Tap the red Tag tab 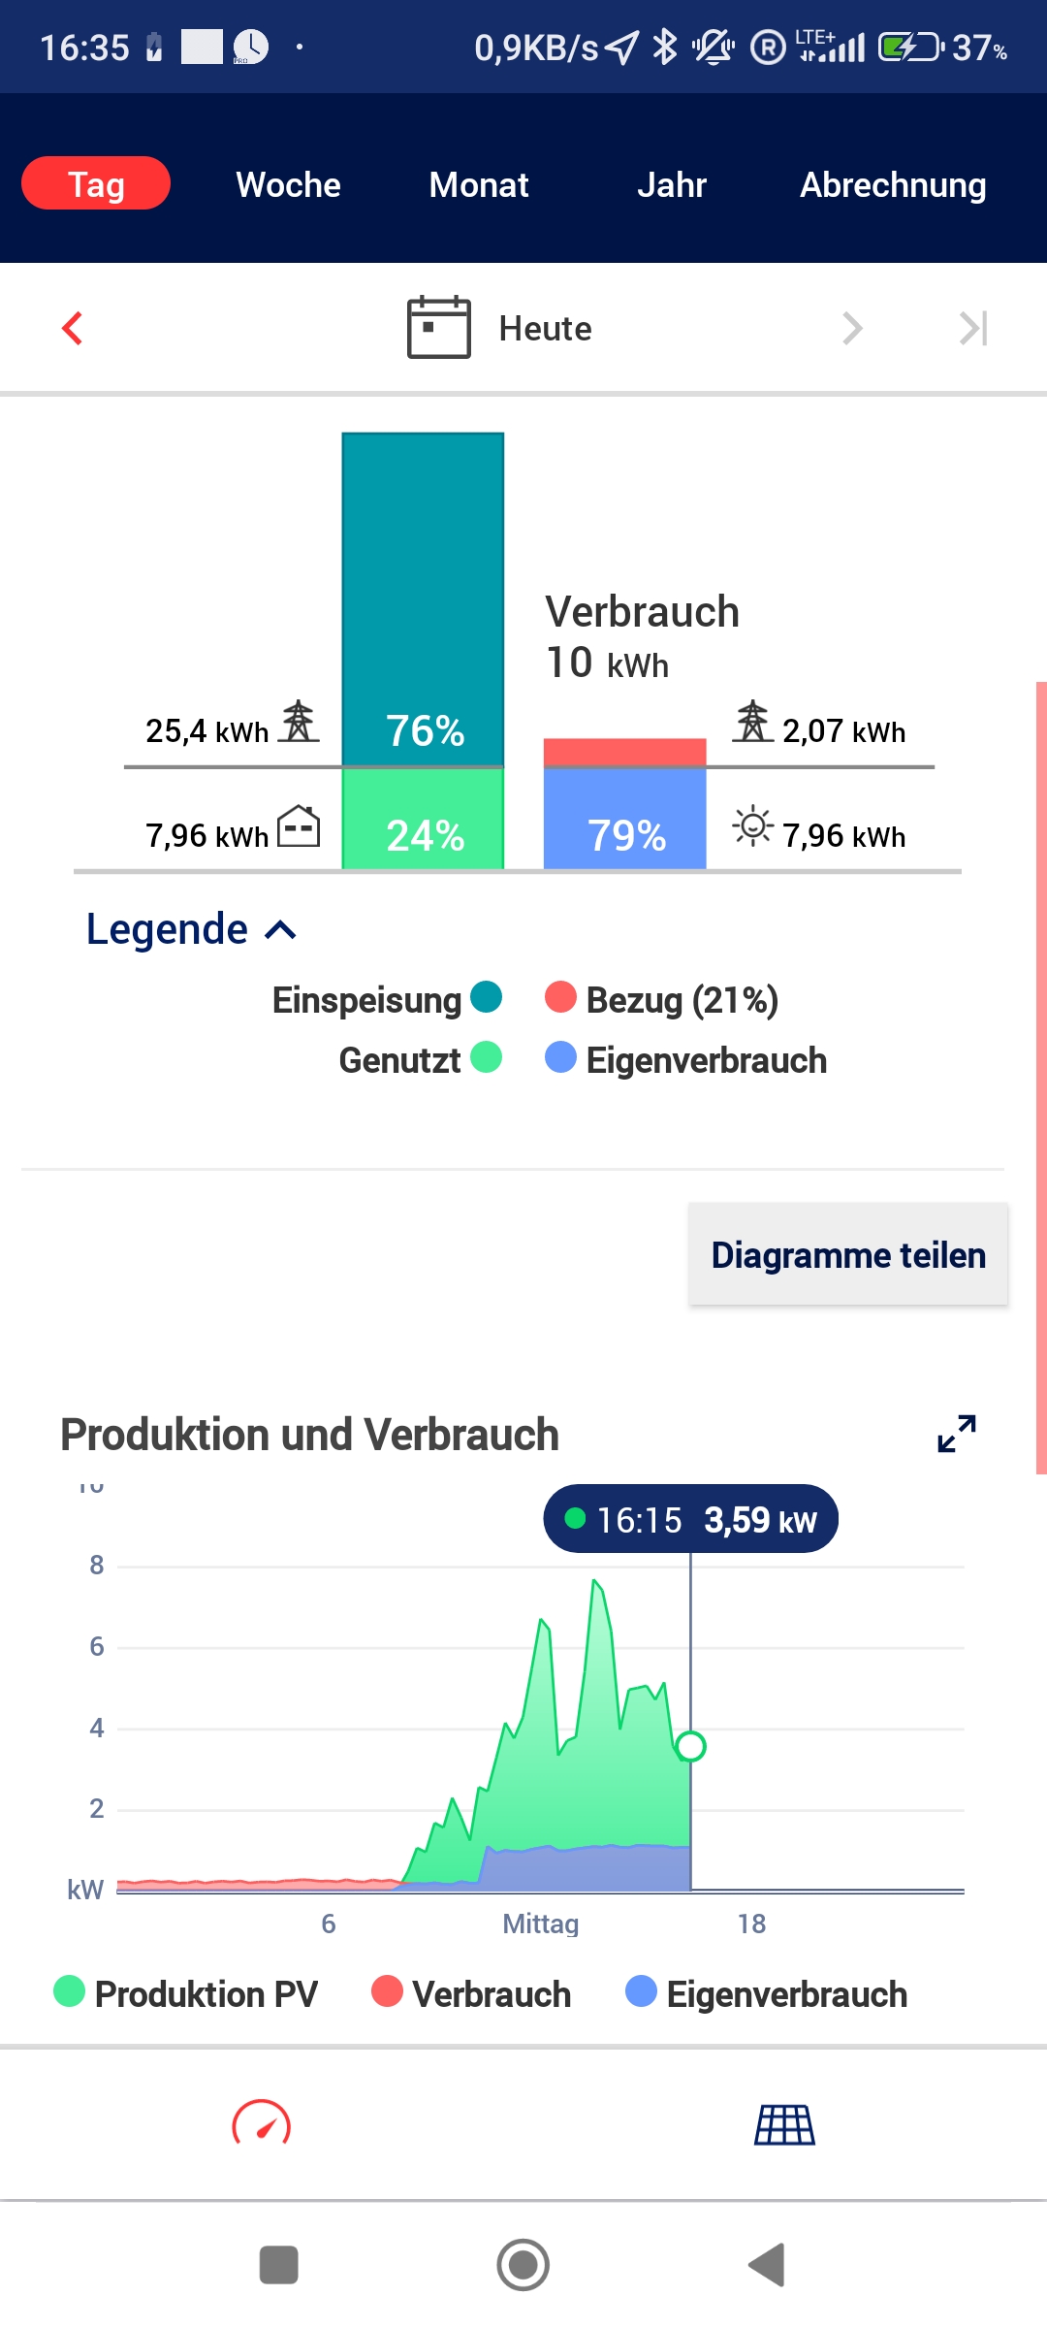(x=96, y=183)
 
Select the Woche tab (x=288, y=184)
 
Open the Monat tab (x=479, y=184)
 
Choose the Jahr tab (x=671, y=184)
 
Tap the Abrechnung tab (x=893, y=184)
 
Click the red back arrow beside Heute (x=73, y=328)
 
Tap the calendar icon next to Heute (x=438, y=328)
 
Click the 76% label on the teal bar (x=425, y=730)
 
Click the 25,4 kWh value (x=206, y=731)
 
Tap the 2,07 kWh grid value (x=843, y=731)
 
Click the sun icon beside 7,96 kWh (x=752, y=826)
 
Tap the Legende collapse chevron (x=281, y=930)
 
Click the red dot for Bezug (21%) (x=560, y=997)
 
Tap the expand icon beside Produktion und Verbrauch (x=957, y=1434)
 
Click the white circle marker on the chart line (x=690, y=1746)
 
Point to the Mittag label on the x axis (x=540, y=1924)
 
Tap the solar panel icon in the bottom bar (x=784, y=2124)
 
